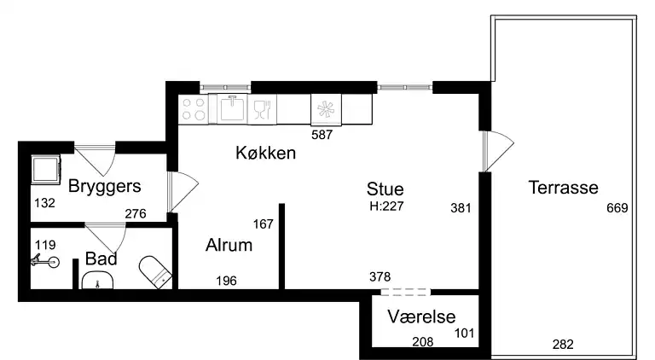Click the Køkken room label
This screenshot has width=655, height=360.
click(265, 154)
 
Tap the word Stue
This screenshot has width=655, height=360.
click(385, 189)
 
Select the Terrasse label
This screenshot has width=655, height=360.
click(563, 188)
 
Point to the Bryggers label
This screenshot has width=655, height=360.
click(105, 186)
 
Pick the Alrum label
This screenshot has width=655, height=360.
click(229, 246)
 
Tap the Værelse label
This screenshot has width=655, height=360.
click(420, 316)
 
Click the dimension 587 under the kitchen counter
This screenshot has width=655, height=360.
click(322, 134)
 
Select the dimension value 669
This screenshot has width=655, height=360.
click(617, 208)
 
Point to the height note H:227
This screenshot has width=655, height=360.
click(385, 206)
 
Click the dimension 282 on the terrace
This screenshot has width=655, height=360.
click(563, 345)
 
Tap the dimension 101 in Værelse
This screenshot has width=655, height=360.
click(464, 334)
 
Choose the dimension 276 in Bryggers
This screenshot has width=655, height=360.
click(136, 214)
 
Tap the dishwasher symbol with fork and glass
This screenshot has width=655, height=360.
click(263, 108)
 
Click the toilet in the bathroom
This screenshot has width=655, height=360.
click(157, 270)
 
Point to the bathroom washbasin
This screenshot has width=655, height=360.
click(100, 281)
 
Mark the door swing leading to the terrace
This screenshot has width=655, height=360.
click(495, 152)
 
